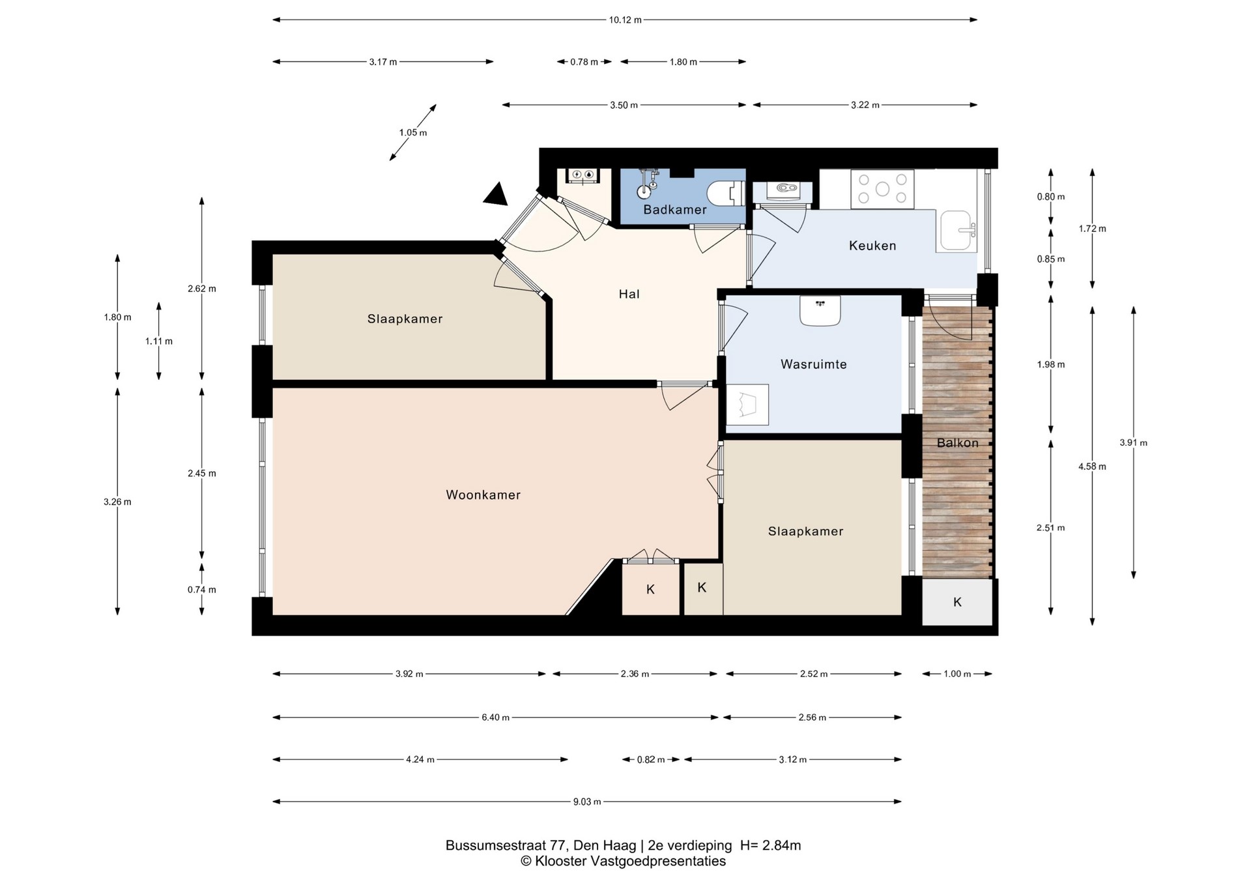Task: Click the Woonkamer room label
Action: (483, 495)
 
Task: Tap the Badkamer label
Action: (675, 210)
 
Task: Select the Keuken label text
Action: (872, 246)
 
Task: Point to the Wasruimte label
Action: (814, 364)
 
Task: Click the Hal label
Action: (629, 294)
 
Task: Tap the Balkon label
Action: (958, 443)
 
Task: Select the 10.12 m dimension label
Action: (625, 20)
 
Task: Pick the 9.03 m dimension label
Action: (587, 802)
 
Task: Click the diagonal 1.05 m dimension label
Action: (413, 133)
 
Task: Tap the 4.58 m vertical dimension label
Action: (1092, 467)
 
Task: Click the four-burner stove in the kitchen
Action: (882, 189)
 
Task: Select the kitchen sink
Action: (957, 231)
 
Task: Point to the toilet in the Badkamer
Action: (726, 193)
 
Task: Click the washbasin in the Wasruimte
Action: (820, 310)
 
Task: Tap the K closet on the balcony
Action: (957, 602)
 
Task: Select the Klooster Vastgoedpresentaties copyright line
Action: (623, 862)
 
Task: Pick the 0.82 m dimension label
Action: (651, 760)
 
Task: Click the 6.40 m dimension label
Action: (495, 718)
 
